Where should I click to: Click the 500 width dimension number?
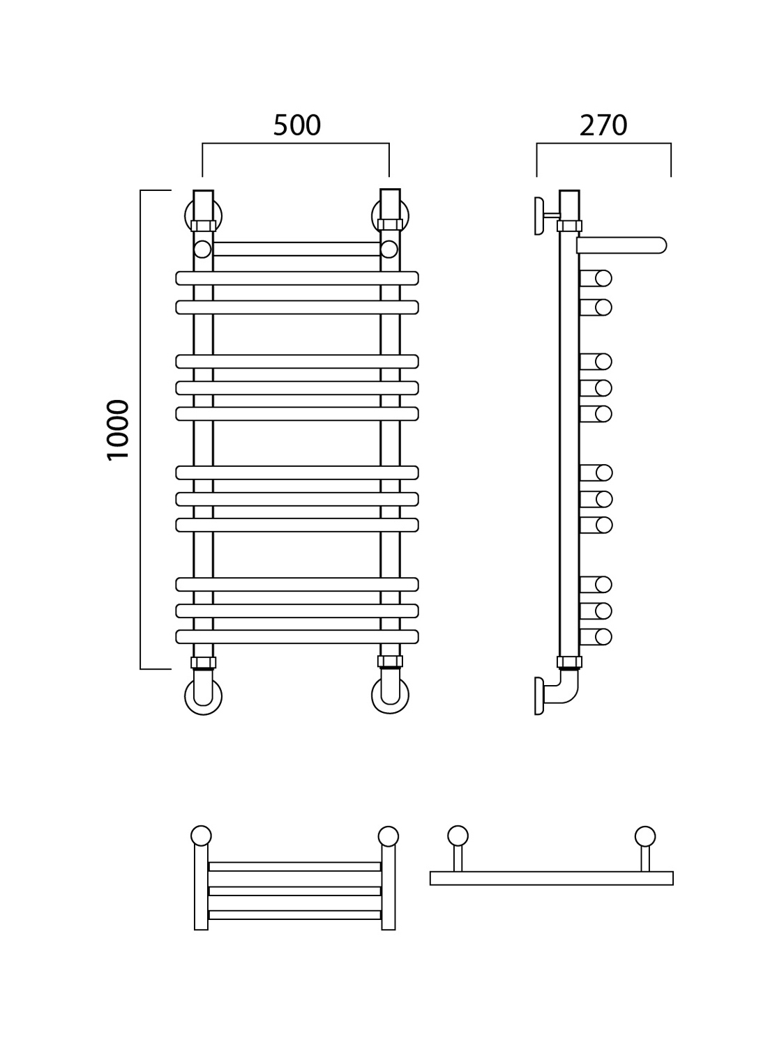(297, 125)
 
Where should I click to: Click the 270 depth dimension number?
(603, 125)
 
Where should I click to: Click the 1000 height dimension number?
(118, 430)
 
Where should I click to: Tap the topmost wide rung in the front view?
(297, 278)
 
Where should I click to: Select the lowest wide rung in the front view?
(297, 636)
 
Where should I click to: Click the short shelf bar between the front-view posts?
(297, 249)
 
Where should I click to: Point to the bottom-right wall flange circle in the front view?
(390, 695)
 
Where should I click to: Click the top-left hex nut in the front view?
(203, 226)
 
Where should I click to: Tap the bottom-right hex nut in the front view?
(390, 661)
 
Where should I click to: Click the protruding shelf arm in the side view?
(621, 245)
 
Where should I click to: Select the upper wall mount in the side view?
(547, 216)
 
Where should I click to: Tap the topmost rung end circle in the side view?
(603, 279)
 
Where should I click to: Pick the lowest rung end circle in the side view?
(603, 637)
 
